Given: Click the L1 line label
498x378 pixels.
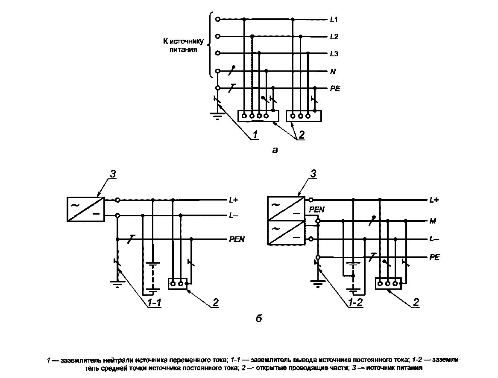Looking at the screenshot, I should pos(334,20).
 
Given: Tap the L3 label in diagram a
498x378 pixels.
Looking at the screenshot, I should pos(334,54).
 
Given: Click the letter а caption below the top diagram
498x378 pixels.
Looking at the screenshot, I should pos(275,150).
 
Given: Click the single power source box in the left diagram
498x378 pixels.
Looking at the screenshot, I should pos(86,209).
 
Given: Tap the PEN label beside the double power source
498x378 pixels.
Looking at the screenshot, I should pos(317,210).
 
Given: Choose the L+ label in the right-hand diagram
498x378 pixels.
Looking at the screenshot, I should pos(434,200).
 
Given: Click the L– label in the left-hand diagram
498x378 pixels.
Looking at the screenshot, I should pos(234,216).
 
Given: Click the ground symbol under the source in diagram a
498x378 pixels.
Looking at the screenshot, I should pos(217,114).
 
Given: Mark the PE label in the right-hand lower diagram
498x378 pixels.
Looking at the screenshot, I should pos(434,257).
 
